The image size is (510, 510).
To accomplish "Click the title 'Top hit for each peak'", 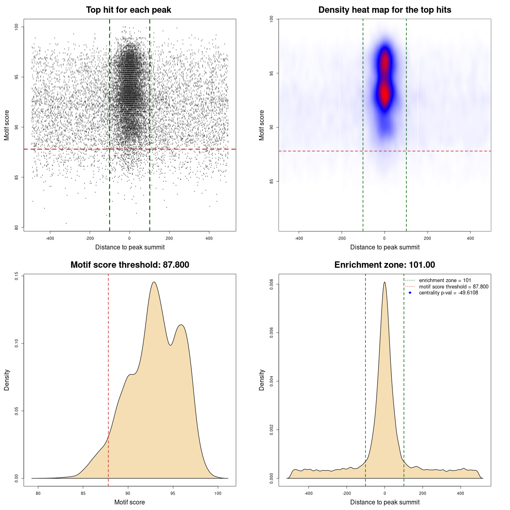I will [x=129, y=10].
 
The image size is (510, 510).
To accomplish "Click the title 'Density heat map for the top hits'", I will [x=384, y=10].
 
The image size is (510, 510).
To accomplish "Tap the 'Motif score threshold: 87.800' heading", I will [x=129, y=265].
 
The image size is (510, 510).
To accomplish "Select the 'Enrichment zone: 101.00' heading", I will [x=384, y=265].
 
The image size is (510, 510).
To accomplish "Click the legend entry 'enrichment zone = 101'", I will [x=445, y=280].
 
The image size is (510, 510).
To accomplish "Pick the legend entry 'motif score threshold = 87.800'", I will [x=453, y=287].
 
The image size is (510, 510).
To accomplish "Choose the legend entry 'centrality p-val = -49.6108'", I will [x=448, y=293].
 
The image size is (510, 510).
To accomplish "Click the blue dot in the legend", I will [x=410, y=293].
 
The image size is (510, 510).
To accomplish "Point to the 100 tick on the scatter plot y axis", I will [x=17, y=27].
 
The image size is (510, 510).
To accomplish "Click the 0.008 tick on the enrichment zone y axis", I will [x=271, y=284].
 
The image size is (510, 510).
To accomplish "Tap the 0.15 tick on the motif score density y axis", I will [x=16, y=276].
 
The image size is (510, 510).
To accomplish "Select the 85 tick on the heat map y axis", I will [x=271, y=181].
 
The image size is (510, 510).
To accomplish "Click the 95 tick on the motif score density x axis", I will [x=173, y=493].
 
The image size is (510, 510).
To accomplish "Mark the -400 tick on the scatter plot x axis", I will [x=50, y=238].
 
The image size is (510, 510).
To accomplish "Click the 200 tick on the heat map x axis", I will [x=428, y=238].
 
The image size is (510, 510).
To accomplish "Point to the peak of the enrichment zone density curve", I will [x=384, y=282].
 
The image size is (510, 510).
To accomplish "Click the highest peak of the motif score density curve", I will [x=154, y=282].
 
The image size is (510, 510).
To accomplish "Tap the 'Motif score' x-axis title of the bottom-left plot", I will [x=129, y=502].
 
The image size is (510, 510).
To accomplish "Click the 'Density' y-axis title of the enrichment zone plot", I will [x=262, y=380].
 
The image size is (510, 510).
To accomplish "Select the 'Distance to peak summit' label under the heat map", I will [x=384, y=247].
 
